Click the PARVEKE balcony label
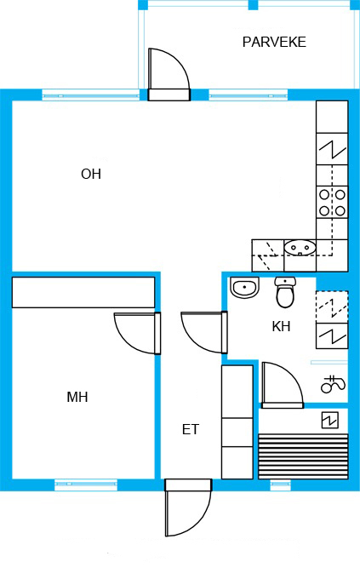pyautogui.click(x=274, y=42)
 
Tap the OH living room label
pyautogui.click(x=91, y=174)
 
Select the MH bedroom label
pyautogui.click(x=77, y=398)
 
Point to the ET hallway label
pyautogui.click(x=191, y=429)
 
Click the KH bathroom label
pyautogui.click(x=281, y=326)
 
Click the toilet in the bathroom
pyautogui.click(x=285, y=292)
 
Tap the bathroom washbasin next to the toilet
pyautogui.click(x=244, y=287)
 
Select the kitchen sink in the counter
pyautogui.click(x=300, y=247)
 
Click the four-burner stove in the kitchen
pyautogui.click(x=332, y=203)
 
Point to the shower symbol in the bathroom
pyautogui.click(x=333, y=384)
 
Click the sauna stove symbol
pyautogui.click(x=329, y=421)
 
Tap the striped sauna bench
pyautogui.click(x=303, y=456)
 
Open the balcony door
pyautogui.click(x=169, y=74)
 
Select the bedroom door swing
pyautogui.click(x=137, y=333)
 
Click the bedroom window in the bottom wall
pyautogui.click(x=86, y=484)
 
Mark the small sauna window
pyautogui.click(x=280, y=484)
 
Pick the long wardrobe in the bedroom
pyautogui.click(x=83, y=292)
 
